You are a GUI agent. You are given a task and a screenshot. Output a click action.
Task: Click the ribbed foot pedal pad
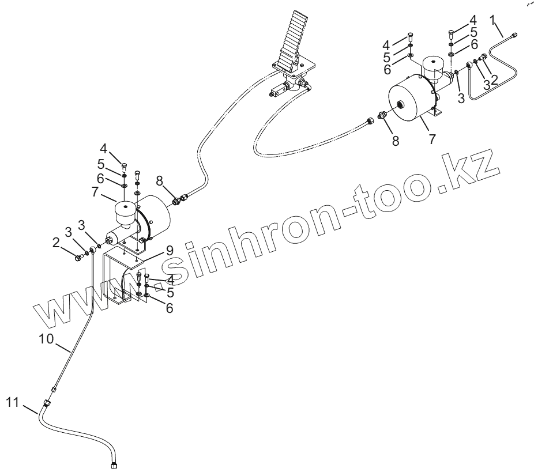(291, 44)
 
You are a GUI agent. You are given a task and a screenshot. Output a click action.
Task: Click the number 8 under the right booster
(396, 140)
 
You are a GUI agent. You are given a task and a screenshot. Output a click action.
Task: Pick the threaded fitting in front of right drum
(380, 115)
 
